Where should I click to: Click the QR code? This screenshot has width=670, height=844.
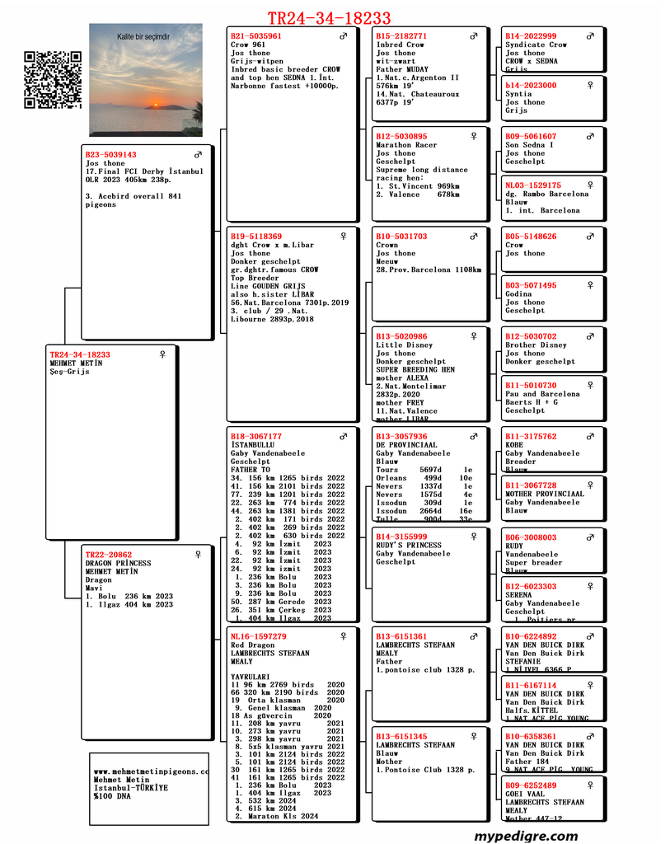[x=53, y=80]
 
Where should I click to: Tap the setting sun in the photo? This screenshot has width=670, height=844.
[x=151, y=105]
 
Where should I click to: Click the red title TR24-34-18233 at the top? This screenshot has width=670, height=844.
[x=329, y=18]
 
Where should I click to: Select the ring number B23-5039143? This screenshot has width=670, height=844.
[x=110, y=155]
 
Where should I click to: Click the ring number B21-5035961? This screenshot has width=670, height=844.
[x=256, y=36]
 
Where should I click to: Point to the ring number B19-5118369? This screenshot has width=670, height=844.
[x=256, y=237]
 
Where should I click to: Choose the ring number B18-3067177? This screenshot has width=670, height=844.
[x=256, y=437]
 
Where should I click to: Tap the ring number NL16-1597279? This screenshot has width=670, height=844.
[x=259, y=636]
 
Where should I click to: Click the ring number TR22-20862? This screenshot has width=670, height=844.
[x=109, y=555]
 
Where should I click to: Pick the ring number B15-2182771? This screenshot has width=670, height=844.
[x=401, y=36]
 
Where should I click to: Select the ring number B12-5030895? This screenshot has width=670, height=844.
[x=401, y=137]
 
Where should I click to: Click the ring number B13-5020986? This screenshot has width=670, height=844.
[x=401, y=337]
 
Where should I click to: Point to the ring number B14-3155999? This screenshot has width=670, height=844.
[x=401, y=537]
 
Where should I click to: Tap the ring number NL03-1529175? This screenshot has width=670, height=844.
[x=533, y=186]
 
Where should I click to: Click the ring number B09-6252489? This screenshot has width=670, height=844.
[x=531, y=785]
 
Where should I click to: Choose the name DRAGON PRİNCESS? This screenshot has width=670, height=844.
[x=119, y=564]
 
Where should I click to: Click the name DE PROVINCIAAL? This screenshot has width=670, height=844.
[x=407, y=445]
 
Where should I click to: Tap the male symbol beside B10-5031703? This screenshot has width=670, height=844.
[x=474, y=237]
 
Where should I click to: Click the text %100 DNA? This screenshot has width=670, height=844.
[x=112, y=796]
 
